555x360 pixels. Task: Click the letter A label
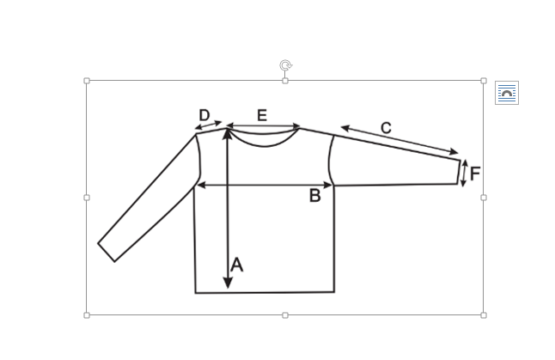(237, 265)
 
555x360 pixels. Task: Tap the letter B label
(315, 196)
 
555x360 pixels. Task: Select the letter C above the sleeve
(386, 128)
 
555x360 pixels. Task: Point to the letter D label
(204, 115)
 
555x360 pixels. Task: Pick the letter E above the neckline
(262, 115)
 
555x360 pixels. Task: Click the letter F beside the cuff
(475, 174)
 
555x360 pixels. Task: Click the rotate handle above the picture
(285, 65)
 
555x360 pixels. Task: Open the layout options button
(507, 93)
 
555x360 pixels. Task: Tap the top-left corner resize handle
(87, 81)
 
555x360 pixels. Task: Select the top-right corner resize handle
(484, 81)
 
